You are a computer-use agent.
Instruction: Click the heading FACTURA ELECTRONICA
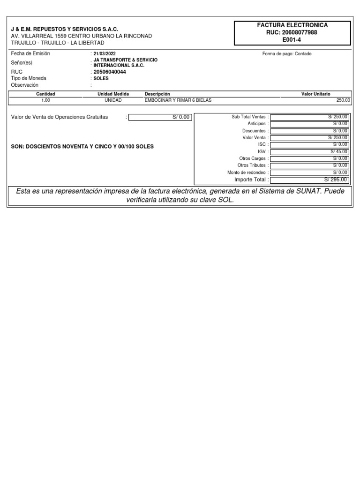[292, 25]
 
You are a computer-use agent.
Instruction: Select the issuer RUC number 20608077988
[292, 32]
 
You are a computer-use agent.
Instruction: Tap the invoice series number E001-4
[292, 40]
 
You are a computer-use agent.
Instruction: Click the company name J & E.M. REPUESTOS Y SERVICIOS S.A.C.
[65, 29]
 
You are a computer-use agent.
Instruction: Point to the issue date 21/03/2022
[105, 54]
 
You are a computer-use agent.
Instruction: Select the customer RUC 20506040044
[110, 72]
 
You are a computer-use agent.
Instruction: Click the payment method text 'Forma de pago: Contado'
[287, 54]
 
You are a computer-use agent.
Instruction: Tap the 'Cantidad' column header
[46, 94]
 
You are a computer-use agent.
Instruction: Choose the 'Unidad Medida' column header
[113, 94]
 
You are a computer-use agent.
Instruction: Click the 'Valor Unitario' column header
[315, 94]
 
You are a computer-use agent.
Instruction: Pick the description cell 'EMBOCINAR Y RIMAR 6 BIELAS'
[175, 100]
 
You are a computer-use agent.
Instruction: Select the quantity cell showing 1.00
[46, 100]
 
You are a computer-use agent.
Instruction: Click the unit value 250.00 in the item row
[343, 100]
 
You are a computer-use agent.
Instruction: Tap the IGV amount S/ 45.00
[339, 152]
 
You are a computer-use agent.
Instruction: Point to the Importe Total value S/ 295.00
[336, 180]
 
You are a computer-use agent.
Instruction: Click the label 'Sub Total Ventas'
[248, 117]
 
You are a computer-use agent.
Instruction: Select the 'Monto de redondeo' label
[247, 172]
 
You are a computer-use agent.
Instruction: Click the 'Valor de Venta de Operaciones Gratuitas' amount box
[160, 117]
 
